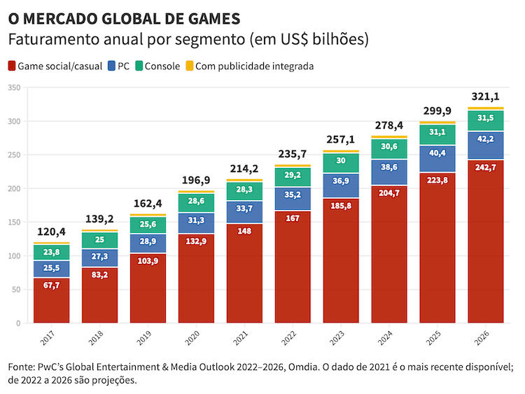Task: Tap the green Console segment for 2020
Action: tap(196, 203)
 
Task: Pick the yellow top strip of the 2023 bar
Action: tap(341, 151)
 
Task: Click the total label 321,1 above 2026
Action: tap(486, 97)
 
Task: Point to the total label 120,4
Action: tap(51, 232)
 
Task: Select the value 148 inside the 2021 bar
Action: tap(244, 230)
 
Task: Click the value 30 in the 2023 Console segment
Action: tap(341, 160)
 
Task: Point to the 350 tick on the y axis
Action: tap(15, 87)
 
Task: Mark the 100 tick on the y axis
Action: tap(15, 256)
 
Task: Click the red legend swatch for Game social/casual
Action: tap(11, 66)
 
